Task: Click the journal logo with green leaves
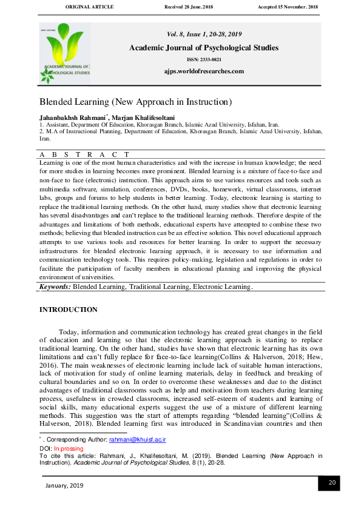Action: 65,53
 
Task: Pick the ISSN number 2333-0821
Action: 204,59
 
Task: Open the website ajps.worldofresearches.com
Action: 204,71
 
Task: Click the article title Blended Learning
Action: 136,102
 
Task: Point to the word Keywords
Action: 55,286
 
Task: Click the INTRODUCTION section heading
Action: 68,310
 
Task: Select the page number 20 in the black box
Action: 332,482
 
